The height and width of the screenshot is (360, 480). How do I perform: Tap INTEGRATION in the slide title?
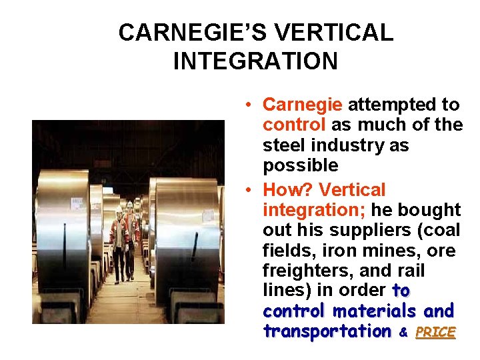point(255,61)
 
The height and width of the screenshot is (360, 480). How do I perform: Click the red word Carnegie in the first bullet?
point(303,105)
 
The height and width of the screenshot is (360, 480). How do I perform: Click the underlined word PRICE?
point(435,331)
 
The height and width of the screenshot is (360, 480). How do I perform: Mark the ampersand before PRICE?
point(403,332)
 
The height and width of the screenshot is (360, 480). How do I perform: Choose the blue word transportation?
point(327,331)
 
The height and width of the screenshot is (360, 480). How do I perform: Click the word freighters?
point(301,271)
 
